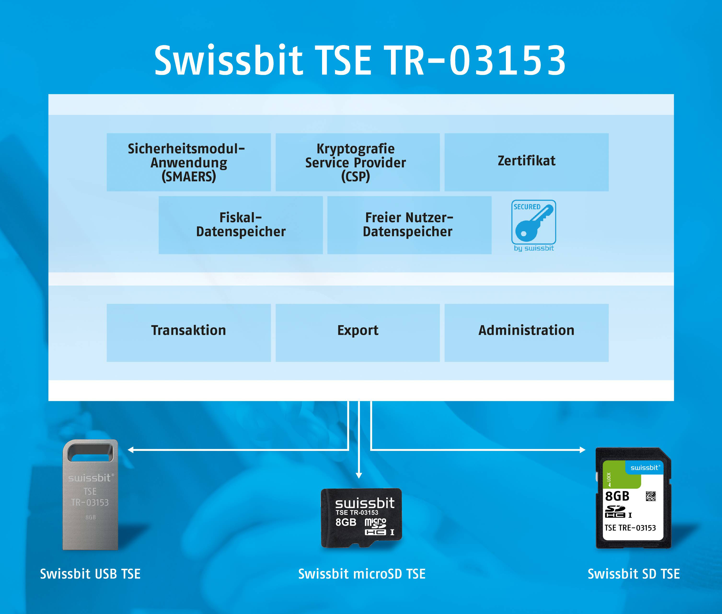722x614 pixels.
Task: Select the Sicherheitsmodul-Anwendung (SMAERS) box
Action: tap(189, 162)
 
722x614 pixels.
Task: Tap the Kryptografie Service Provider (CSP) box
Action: tap(358, 162)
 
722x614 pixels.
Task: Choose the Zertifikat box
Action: tap(527, 162)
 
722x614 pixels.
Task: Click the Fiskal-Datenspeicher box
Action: tap(241, 225)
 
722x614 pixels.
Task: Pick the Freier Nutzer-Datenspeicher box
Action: tap(409, 225)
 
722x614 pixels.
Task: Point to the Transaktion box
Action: tap(189, 333)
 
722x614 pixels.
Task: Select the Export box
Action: tap(358, 333)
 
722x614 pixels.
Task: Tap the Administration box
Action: tap(527, 333)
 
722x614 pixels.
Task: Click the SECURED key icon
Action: tap(534, 222)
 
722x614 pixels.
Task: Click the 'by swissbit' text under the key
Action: tap(534, 248)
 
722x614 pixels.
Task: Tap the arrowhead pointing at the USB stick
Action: tap(131, 450)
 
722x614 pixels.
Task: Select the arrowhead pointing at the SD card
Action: tap(582, 450)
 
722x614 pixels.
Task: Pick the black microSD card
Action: tap(361, 518)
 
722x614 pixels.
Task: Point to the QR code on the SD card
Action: tap(651, 496)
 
